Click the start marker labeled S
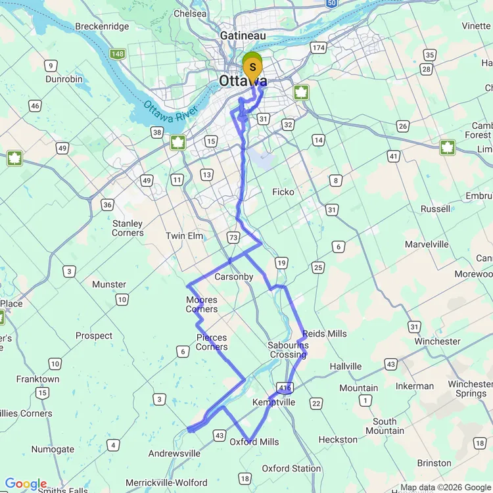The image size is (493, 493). click(252, 68)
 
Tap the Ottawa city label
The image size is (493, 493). click(243, 82)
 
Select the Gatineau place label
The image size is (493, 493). click(243, 35)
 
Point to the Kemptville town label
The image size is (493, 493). click(273, 402)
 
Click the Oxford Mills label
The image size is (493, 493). click(254, 442)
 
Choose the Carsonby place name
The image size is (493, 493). click(233, 277)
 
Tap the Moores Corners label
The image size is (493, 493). click(202, 304)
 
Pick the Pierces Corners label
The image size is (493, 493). click(212, 342)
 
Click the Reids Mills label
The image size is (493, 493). click(325, 334)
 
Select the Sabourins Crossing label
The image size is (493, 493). click(288, 350)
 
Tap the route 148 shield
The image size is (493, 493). click(118, 53)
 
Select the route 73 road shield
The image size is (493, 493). click(233, 236)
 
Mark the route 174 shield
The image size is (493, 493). click(319, 48)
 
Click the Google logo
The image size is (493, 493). click(26, 484)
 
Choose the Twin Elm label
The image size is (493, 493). click(184, 236)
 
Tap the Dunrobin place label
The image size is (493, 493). click(64, 79)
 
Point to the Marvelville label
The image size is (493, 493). click(427, 244)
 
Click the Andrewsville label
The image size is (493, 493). click(174, 454)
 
